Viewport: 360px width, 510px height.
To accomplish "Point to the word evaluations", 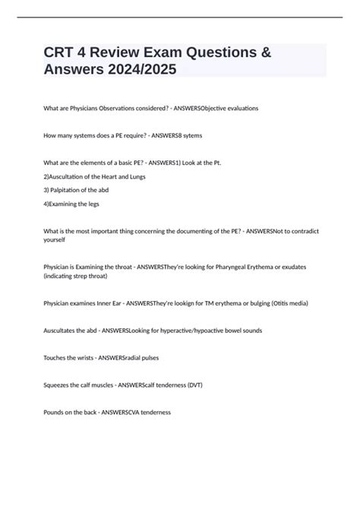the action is pyautogui.click(x=238, y=108).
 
